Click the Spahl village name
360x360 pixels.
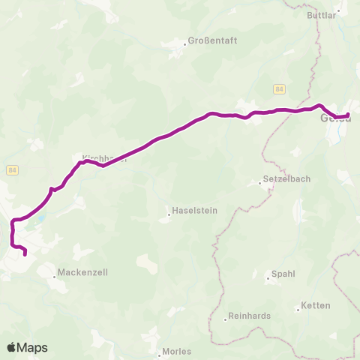pyautogui.click(x=283, y=274)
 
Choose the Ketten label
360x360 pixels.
pyautogui.click(x=314, y=306)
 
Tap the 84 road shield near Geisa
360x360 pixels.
pyautogui.click(x=279, y=89)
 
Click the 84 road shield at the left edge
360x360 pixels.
pyautogui.click(x=12, y=170)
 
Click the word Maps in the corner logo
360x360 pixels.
pyautogui.click(x=33, y=347)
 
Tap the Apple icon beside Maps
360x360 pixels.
pyautogui.click(x=12, y=346)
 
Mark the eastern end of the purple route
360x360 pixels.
pyautogui.click(x=348, y=114)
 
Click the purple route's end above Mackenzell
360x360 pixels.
pyautogui.click(x=25, y=254)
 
